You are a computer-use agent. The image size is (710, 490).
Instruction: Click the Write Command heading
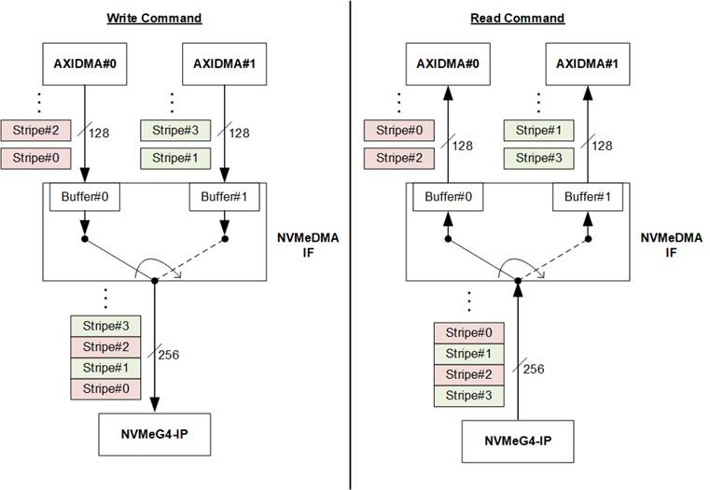(x=154, y=19)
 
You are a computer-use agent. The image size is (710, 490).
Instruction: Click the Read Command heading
(x=517, y=19)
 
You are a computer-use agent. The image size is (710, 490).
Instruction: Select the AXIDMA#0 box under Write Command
(x=85, y=65)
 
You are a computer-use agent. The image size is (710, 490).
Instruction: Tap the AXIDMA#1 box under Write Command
(x=225, y=65)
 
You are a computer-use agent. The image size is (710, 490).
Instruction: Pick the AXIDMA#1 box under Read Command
(x=588, y=65)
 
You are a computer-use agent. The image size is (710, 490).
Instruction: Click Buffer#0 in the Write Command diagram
(x=85, y=197)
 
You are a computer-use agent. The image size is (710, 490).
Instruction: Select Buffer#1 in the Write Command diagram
(x=225, y=197)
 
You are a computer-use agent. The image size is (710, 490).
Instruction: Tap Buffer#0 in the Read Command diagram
(x=448, y=197)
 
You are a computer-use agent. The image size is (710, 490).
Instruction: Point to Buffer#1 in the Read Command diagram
(x=588, y=197)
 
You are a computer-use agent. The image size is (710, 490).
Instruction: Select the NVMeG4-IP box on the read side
(x=517, y=439)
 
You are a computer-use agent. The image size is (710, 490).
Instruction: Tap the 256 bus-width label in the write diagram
(x=169, y=355)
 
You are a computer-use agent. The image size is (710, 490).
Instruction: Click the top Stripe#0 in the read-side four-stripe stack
(x=469, y=332)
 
